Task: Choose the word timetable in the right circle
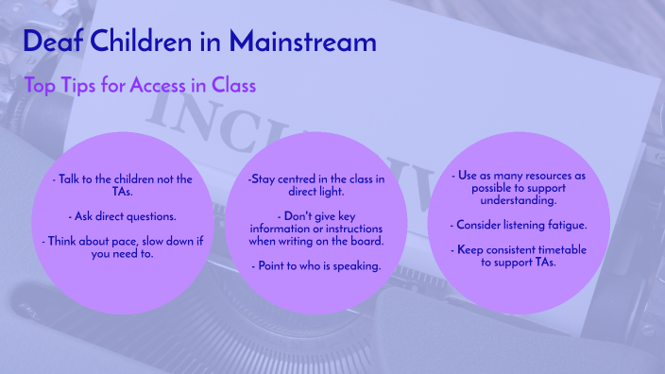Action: [x=554, y=248]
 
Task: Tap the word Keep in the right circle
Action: [x=470, y=248]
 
